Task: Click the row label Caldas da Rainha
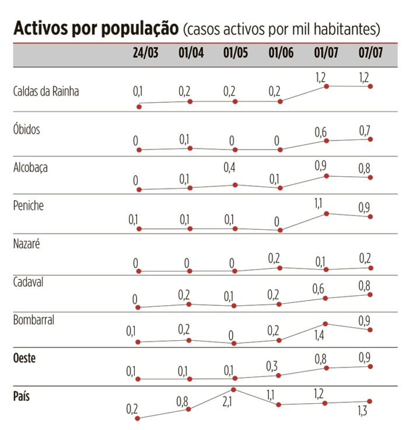click(x=45, y=91)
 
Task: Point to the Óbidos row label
click(x=27, y=129)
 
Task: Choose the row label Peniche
click(x=29, y=205)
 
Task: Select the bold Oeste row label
click(x=24, y=358)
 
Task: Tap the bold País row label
click(x=22, y=396)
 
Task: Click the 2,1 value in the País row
click(x=227, y=402)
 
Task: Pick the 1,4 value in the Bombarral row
click(x=320, y=335)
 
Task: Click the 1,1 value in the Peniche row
click(x=320, y=204)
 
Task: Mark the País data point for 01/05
click(x=234, y=389)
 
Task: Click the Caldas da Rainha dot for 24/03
click(x=139, y=106)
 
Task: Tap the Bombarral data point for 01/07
click(x=325, y=324)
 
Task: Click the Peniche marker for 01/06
click(x=281, y=230)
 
